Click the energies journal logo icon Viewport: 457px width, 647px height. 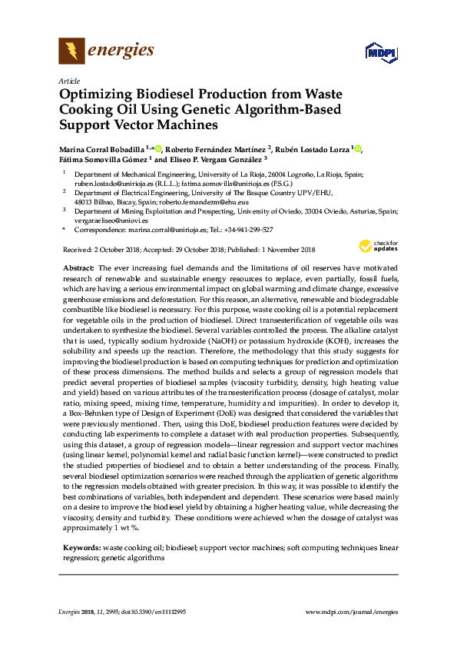71,51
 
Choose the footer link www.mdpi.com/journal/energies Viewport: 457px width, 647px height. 351,612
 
